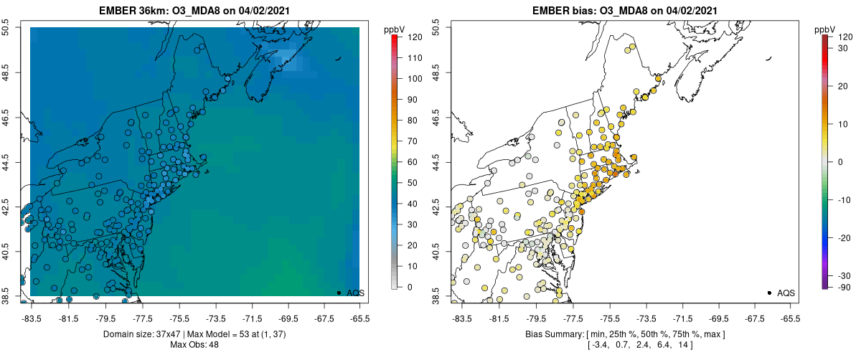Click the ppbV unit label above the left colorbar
click(x=395, y=29)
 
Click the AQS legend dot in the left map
click(x=338, y=293)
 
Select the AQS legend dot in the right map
click(x=768, y=293)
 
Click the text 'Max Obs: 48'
click(x=194, y=345)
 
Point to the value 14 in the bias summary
click(x=681, y=346)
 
